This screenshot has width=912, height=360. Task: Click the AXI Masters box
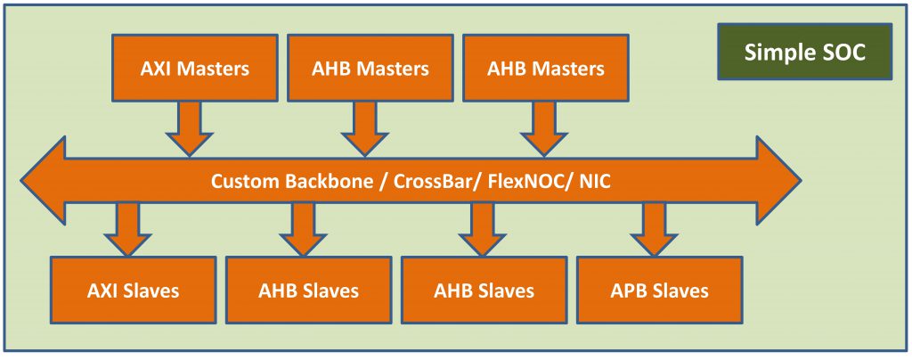tap(195, 68)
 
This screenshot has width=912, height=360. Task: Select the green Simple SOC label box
tap(804, 52)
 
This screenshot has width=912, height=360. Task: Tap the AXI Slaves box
tap(134, 290)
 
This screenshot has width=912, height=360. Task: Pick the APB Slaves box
tap(660, 290)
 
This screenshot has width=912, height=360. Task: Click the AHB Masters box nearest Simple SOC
tap(546, 68)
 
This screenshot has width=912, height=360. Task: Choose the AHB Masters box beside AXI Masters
tap(370, 68)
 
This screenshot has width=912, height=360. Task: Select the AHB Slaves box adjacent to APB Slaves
tap(484, 290)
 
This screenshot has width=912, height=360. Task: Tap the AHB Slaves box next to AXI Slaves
tap(308, 290)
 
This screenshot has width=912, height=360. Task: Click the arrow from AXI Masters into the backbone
tap(189, 128)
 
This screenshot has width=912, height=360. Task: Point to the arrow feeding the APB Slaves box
tap(653, 228)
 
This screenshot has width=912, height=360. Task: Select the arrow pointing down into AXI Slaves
tap(127, 228)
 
